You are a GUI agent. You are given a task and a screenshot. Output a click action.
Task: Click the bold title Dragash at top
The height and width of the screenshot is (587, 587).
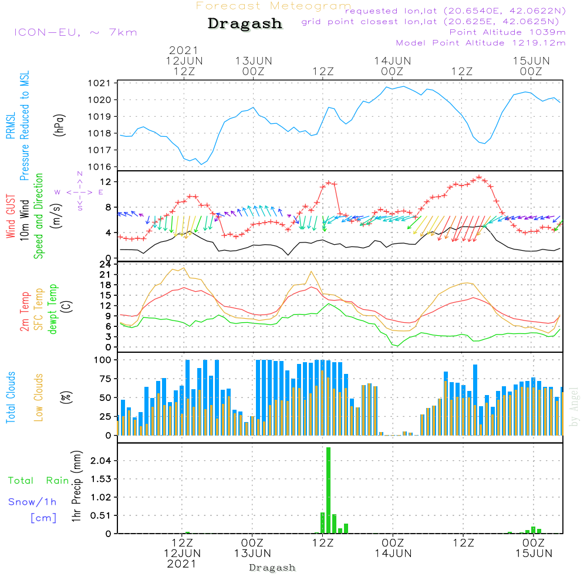tap(245, 24)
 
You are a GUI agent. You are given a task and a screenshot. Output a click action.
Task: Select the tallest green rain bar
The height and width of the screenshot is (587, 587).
tap(328, 490)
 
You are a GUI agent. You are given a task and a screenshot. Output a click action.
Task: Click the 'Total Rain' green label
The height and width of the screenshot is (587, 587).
tap(38, 481)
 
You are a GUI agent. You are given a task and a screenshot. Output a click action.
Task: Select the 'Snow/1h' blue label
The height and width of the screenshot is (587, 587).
tap(32, 502)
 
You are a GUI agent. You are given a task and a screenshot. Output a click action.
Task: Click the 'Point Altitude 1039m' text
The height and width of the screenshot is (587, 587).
tap(507, 32)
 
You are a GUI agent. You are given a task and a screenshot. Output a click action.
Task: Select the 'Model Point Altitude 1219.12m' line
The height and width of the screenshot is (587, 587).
tap(481, 43)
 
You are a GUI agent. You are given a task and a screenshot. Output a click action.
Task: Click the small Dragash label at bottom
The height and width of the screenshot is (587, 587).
tap(272, 568)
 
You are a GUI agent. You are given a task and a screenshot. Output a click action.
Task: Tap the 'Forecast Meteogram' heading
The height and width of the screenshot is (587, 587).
tap(274, 6)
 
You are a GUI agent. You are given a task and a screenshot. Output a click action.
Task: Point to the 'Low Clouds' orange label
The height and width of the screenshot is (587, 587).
tap(39, 397)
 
